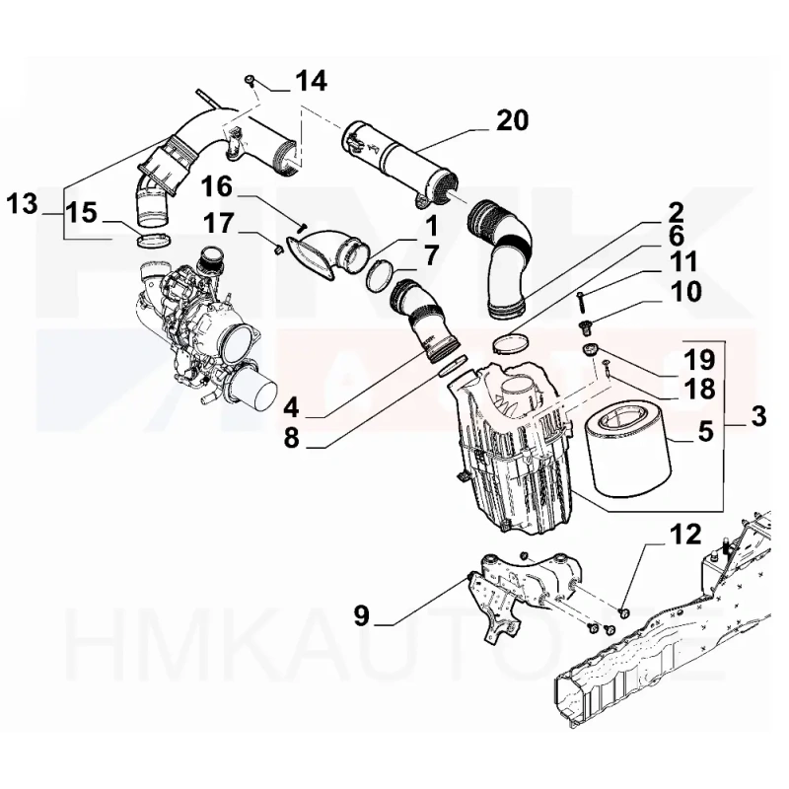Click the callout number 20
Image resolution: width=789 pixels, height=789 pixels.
[x=512, y=120]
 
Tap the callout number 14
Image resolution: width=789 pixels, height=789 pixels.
[x=312, y=82]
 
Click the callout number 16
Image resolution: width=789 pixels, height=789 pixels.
[x=219, y=185]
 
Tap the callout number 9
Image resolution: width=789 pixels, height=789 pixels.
[x=361, y=616]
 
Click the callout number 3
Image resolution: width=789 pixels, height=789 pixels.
[x=756, y=416]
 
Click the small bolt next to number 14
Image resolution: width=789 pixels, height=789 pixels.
[x=251, y=78]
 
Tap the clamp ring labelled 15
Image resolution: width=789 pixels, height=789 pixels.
[x=150, y=240]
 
